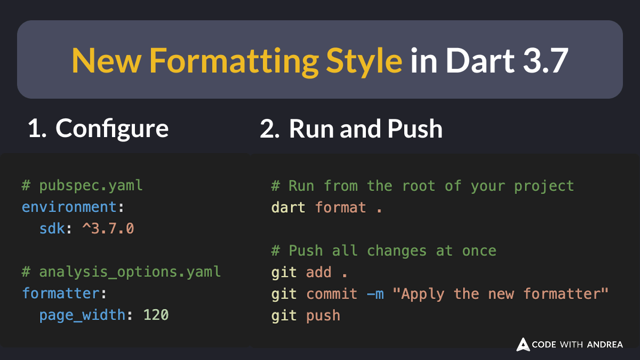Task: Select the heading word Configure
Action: (112, 129)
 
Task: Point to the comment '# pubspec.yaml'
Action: (82, 186)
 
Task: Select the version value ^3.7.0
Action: (108, 229)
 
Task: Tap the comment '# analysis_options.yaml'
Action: (121, 272)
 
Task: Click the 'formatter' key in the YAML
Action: (60, 293)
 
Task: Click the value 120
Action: (156, 315)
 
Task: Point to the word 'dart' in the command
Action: (288, 207)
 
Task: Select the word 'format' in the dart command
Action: (340, 207)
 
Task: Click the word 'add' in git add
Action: (318, 272)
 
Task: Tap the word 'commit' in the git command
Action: (332, 294)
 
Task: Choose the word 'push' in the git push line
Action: (323, 315)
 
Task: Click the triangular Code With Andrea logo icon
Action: (523, 345)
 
